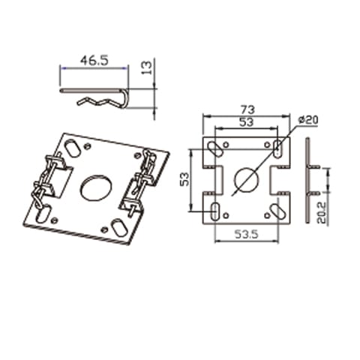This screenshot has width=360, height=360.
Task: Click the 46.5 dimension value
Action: pos(93,61)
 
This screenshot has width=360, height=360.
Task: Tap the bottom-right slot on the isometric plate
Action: pos(119,226)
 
